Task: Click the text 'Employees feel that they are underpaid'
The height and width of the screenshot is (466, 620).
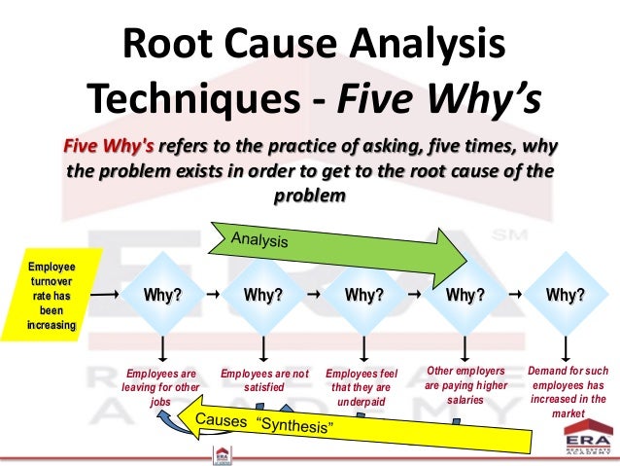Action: click(x=362, y=386)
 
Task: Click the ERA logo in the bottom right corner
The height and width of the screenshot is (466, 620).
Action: click(x=588, y=444)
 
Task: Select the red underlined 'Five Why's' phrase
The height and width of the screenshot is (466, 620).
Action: click(x=107, y=147)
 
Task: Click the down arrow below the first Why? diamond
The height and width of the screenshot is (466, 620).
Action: click(x=162, y=347)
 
